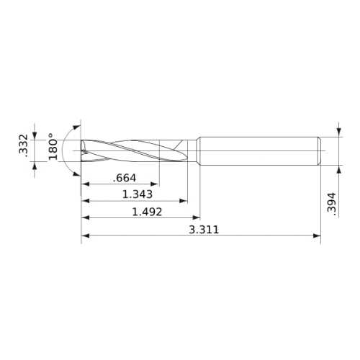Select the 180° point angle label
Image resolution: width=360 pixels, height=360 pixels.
[x=53, y=146]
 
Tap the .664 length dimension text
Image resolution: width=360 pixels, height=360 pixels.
[x=125, y=178]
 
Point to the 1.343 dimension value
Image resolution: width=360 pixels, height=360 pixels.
[x=138, y=194]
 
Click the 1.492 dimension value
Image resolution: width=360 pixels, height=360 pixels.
[x=147, y=212]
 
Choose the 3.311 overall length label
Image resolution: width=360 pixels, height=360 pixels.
[x=204, y=230]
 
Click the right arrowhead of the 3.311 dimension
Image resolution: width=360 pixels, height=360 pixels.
[x=317, y=235]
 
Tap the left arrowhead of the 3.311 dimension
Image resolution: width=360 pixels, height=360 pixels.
[x=86, y=235]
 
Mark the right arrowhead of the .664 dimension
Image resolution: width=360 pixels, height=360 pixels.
[x=155, y=184]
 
